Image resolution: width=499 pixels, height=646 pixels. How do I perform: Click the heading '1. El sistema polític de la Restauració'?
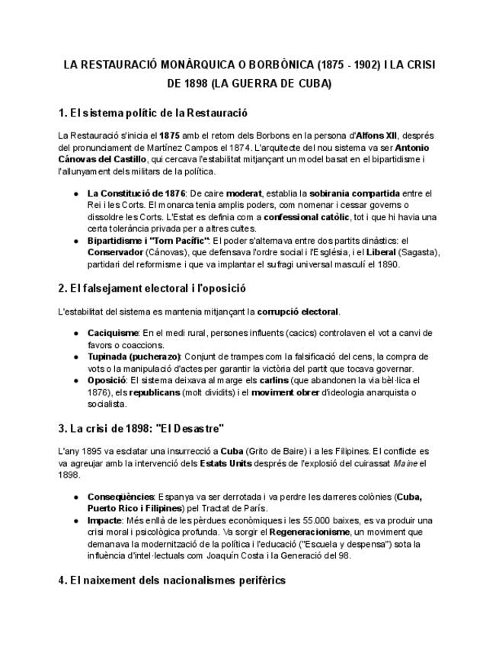point(153,114)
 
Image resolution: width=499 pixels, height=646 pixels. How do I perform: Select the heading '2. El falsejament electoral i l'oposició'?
point(152,289)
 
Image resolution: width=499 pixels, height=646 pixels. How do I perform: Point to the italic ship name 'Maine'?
point(404,463)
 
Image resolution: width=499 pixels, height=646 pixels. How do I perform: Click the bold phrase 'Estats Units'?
point(226,463)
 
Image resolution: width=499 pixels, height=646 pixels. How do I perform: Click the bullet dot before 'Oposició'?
point(77,380)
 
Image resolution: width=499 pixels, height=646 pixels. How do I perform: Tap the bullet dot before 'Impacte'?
point(77,520)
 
